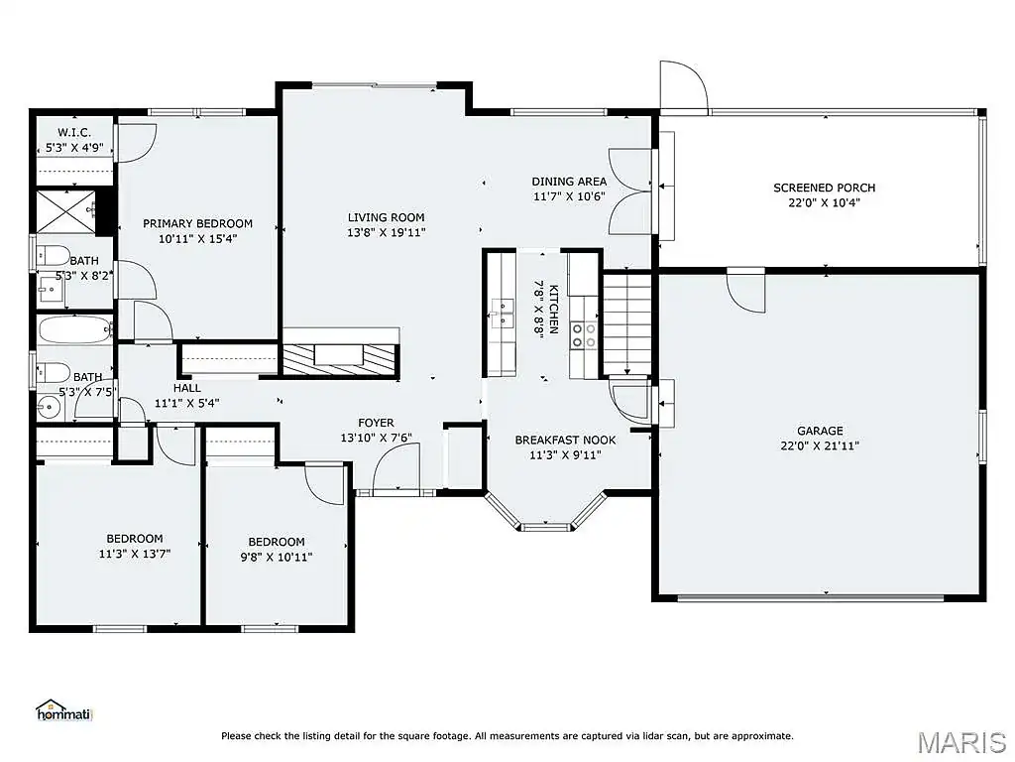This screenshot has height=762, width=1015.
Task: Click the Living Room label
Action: (386, 217)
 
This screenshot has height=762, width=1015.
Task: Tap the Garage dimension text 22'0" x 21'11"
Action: (820, 445)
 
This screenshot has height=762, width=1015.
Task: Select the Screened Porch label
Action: (824, 188)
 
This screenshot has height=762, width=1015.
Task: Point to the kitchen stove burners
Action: (583, 335)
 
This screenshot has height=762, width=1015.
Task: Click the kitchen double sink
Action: (502, 314)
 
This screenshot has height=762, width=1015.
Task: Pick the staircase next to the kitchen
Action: (627, 324)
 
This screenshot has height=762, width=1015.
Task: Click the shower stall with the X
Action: (65, 211)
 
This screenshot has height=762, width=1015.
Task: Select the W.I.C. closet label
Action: (74, 133)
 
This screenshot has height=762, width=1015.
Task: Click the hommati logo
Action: (64, 710)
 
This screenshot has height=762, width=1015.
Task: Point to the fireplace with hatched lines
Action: (339, 358)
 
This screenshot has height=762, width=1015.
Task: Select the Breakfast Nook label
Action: (565, 440)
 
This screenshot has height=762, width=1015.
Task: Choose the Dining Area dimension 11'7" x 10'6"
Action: (569, 196)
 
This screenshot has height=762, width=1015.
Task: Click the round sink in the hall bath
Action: (49, 407)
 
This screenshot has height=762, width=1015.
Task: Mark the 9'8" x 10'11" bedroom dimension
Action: (277, 557)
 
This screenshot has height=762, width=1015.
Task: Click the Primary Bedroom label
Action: (197, 223)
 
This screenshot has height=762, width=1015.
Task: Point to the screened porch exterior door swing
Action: (684, 85)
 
